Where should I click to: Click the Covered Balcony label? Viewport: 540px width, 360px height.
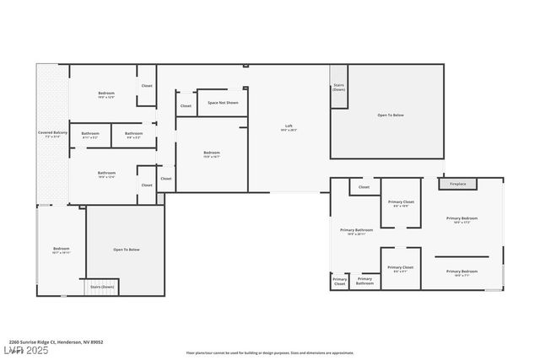tap(51, 133)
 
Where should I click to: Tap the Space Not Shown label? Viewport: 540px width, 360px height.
tap(223, 103)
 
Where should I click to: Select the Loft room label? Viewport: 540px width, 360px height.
tap(289, 127)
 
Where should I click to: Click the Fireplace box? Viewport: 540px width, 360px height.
tap(457, 183)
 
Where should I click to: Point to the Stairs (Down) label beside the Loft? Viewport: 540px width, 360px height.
tap(338, 87)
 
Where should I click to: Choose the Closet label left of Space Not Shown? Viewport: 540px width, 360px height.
tap(186, 105)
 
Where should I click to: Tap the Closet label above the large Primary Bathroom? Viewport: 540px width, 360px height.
tap(364, 187)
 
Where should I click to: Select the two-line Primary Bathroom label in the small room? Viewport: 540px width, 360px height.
tap(364, 281)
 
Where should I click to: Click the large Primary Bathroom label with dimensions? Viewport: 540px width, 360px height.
tap(356, 231)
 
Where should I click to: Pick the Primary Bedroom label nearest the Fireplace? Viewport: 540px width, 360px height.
tap(462, 219)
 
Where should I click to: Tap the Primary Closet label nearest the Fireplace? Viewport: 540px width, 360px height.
tap(401, 203)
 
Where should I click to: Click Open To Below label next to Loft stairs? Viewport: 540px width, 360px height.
tap(390, 115)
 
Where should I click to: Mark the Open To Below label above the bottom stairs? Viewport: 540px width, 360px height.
tap(126, 250)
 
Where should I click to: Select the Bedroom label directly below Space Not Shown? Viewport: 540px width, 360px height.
tap(211, 153)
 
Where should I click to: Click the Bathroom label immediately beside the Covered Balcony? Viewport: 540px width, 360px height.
tap(90, 134)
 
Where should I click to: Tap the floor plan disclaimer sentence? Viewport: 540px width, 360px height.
tap(270, 352)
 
